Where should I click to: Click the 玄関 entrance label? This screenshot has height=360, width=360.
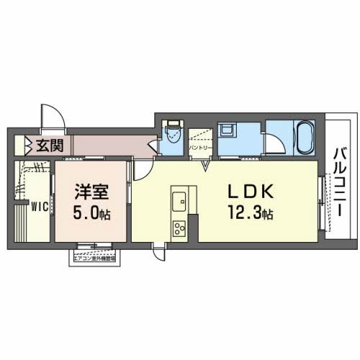tap(49, 145)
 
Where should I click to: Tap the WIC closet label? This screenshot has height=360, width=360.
tap(37, 207)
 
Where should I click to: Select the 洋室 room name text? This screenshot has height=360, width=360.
tap(91, 193)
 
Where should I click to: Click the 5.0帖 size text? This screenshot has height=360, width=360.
tap(91, 214)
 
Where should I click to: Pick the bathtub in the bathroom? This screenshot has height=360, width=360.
tap(302, 137)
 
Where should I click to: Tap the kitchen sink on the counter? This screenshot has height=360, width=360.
tap(178, 199)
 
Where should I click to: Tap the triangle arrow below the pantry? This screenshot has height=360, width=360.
tap(206, 167)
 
